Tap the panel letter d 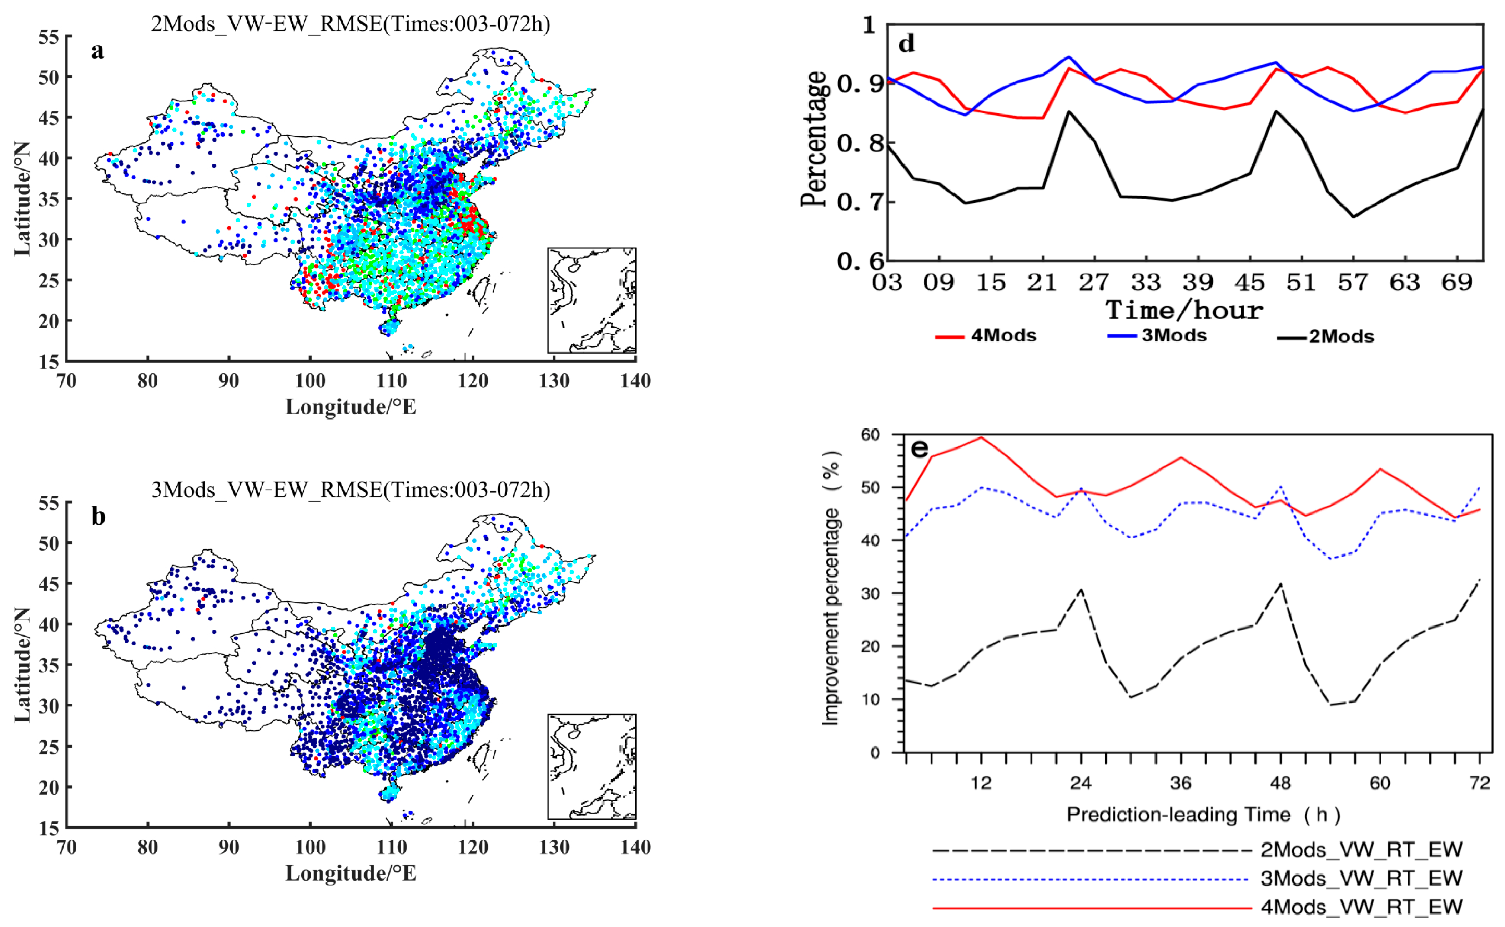point(906,44)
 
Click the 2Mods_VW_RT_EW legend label point(1361,850)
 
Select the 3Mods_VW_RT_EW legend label point(1361,878)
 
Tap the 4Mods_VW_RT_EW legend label point(1361,906)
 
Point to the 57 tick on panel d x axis point(1353,283)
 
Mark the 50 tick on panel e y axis point(870,487)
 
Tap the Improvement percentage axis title point(831,589)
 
